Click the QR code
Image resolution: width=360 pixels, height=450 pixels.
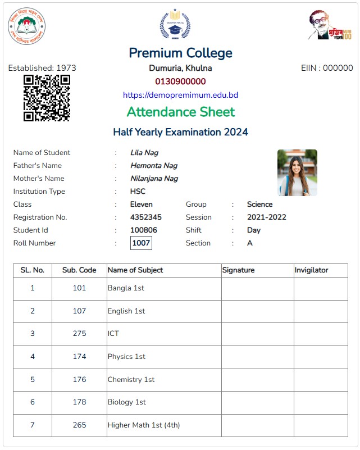click(x=47, y=98)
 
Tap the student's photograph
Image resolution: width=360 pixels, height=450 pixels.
click(x=297, y=172)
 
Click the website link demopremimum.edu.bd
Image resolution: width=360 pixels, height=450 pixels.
click(x=180, y=95)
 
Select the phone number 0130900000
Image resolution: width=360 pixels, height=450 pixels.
click(x=180, y=81)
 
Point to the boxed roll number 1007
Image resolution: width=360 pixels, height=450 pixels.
click(x=141, y=243)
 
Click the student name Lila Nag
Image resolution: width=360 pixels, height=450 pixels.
click(x=144, y=153)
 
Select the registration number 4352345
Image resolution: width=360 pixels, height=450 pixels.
click(x=146, y=217)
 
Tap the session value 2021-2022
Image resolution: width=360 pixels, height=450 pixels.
click(x=266, y=217)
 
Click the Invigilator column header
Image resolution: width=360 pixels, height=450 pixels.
click(x=311, y=270)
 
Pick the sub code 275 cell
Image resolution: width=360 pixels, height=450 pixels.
click(x=79, y=334)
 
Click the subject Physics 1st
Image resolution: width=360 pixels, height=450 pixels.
click(x=126, y=357)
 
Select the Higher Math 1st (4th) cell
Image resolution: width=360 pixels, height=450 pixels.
click(x=144, y=425)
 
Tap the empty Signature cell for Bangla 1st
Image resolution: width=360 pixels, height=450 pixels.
click(x=257, y=288)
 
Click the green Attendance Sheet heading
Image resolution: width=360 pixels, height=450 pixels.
click(x=180, y=112)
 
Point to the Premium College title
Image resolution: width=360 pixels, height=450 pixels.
click(x=180, y=53)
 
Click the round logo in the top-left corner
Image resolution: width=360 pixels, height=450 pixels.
click(x=26, y=26)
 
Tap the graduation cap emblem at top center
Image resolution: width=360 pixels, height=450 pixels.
click(x=175, y=25)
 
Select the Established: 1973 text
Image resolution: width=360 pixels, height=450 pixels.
click(x=42, y=68)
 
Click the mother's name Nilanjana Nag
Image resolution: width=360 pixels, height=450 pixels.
click(x=154, y=179)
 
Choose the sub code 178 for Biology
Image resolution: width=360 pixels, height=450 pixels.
click(x=79, y=402)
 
